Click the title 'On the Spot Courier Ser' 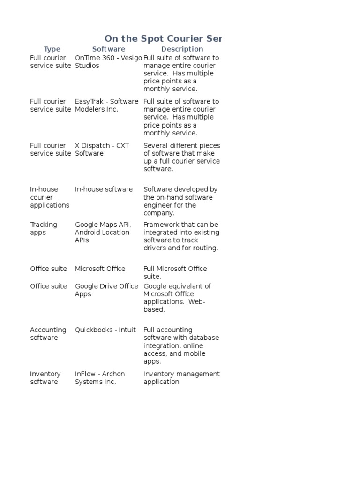162,38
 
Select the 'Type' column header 52,49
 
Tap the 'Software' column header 108,49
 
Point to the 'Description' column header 182,49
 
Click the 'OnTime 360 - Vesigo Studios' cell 108,61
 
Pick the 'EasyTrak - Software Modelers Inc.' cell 106,105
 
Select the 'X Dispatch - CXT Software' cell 102,150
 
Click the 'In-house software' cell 104,189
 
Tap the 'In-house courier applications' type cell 49,197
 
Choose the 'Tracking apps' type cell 43,228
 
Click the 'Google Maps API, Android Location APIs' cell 103,232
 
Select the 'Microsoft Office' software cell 100,269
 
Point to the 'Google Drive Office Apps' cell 106,290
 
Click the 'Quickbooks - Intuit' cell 105,330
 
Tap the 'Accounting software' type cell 48,334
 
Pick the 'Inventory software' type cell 45,378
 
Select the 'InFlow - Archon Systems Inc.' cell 100,378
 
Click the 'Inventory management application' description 181,378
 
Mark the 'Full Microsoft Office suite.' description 175,272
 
